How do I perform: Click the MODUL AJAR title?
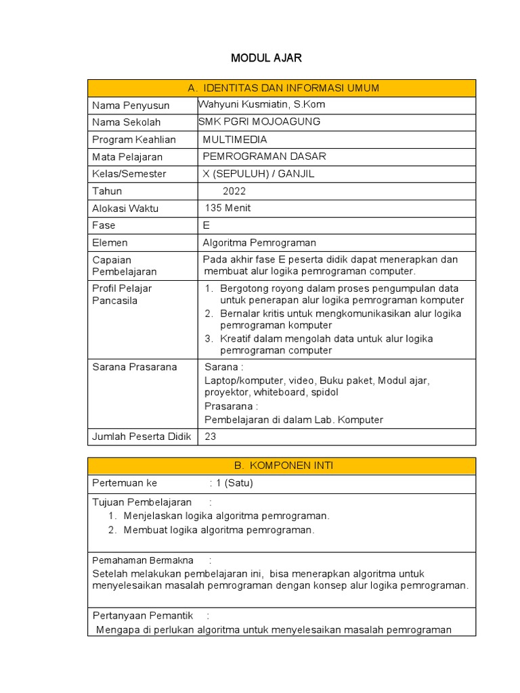point(266,58)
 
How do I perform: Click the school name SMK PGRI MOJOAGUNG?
point(259,122)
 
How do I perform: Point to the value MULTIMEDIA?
point(235,139)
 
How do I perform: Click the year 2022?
point(234,191)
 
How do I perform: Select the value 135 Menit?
point(227,208)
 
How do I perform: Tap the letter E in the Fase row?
point(206,225)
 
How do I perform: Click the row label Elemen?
point(110,242)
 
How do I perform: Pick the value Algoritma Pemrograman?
point(259,242)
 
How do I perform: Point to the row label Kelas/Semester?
point(129,174)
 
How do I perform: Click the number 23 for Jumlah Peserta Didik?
point(210,437)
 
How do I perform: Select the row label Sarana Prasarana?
point(134,367)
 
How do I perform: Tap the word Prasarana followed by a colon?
point(231,406)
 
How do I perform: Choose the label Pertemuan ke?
point(124,483)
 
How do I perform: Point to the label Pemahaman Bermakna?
point(142,560)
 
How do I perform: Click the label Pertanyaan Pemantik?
point(141,615)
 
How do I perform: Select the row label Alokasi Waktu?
point(125,208)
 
